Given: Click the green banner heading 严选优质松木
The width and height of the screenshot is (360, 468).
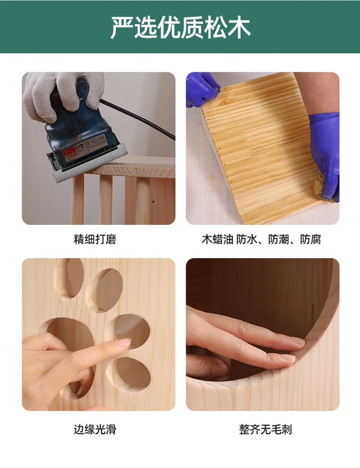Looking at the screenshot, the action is pyautogui.click(x=180, y=27).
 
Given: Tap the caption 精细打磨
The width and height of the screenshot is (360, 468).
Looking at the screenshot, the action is pyautogui.click(x=95, y=239).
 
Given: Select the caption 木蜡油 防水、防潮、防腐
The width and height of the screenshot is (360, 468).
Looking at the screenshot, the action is pyautogui.click(x=261, y=239).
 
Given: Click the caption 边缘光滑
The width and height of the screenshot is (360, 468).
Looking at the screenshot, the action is pyautogui.click(x=95, y=430).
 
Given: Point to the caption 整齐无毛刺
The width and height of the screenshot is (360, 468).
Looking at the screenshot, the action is pyautogui.click(x=265, y=430).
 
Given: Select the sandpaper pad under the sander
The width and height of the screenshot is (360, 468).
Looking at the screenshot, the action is pyautogui.click(x=89, y=166).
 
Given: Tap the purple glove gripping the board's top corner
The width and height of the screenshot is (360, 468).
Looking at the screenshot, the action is pyautogui.click(x=202, y=89).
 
